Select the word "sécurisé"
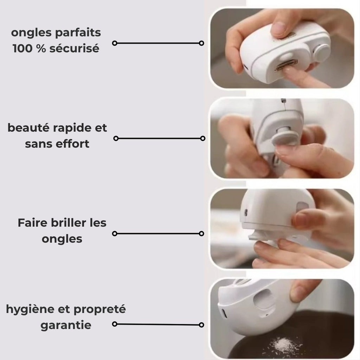point(74,49)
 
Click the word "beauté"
point(27,128)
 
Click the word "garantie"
point(66,325)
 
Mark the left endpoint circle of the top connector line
point(114,43)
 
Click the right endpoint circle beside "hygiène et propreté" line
point(201,325)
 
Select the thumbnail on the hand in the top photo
point(278,28)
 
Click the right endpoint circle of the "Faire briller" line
point(201,233)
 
